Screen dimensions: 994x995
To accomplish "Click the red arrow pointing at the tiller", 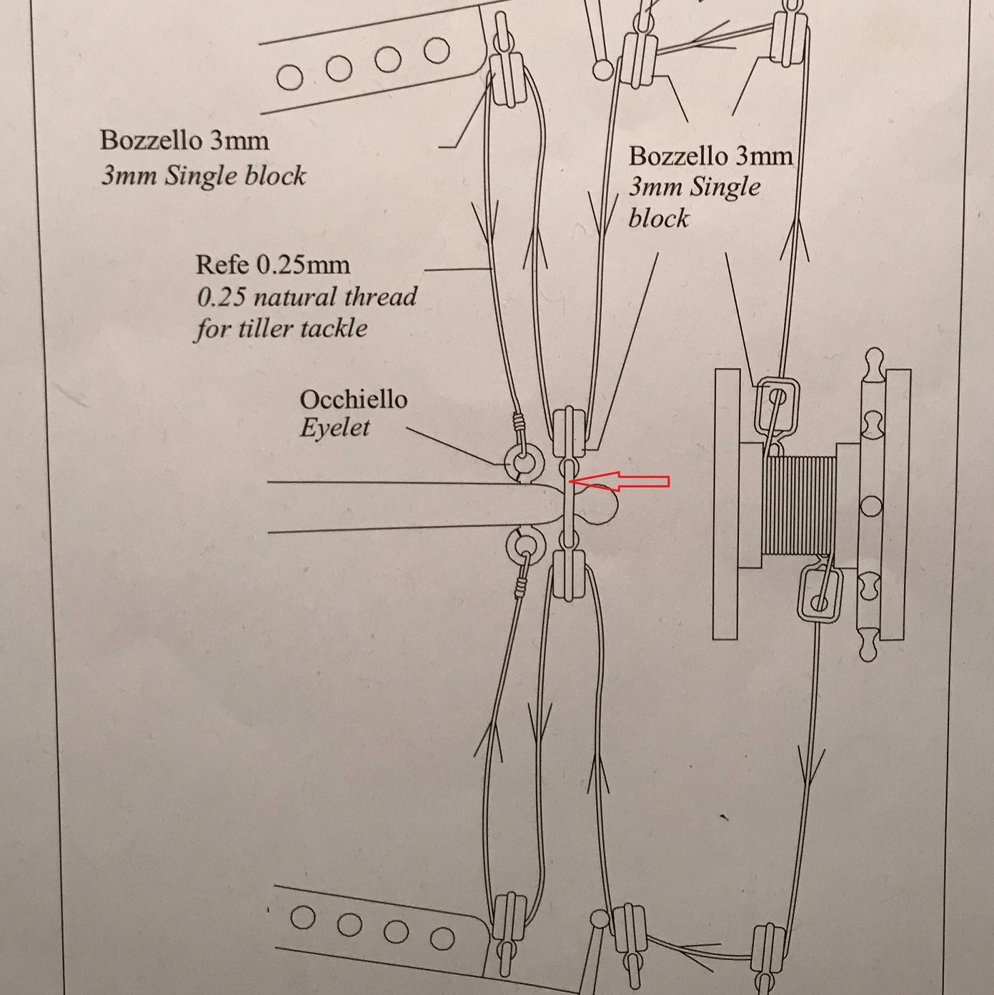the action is pos(619,481).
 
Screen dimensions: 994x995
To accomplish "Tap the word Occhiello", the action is pos(354,399).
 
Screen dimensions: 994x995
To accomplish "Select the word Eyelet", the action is pos(335,427).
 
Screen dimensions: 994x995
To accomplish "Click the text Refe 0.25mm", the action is pos(273,265).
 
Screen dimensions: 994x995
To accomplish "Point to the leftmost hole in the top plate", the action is pos(289,77).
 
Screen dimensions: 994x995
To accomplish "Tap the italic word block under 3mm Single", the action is pos(658,218).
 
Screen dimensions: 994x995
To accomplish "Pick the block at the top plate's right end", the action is pos(507,80).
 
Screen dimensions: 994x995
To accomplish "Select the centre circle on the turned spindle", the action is pos(872,505).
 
